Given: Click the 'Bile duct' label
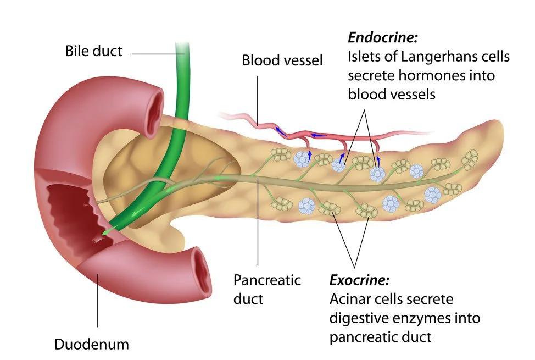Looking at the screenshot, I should click(93, 52).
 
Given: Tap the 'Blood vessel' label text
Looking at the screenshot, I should click(282, 60).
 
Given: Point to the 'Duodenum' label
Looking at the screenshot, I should click(91, 345).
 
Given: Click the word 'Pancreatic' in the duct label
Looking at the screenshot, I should click(267, 280).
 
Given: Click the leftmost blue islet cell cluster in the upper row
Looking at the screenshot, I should click(301, 159).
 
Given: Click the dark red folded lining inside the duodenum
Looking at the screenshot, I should click(66, 212).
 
